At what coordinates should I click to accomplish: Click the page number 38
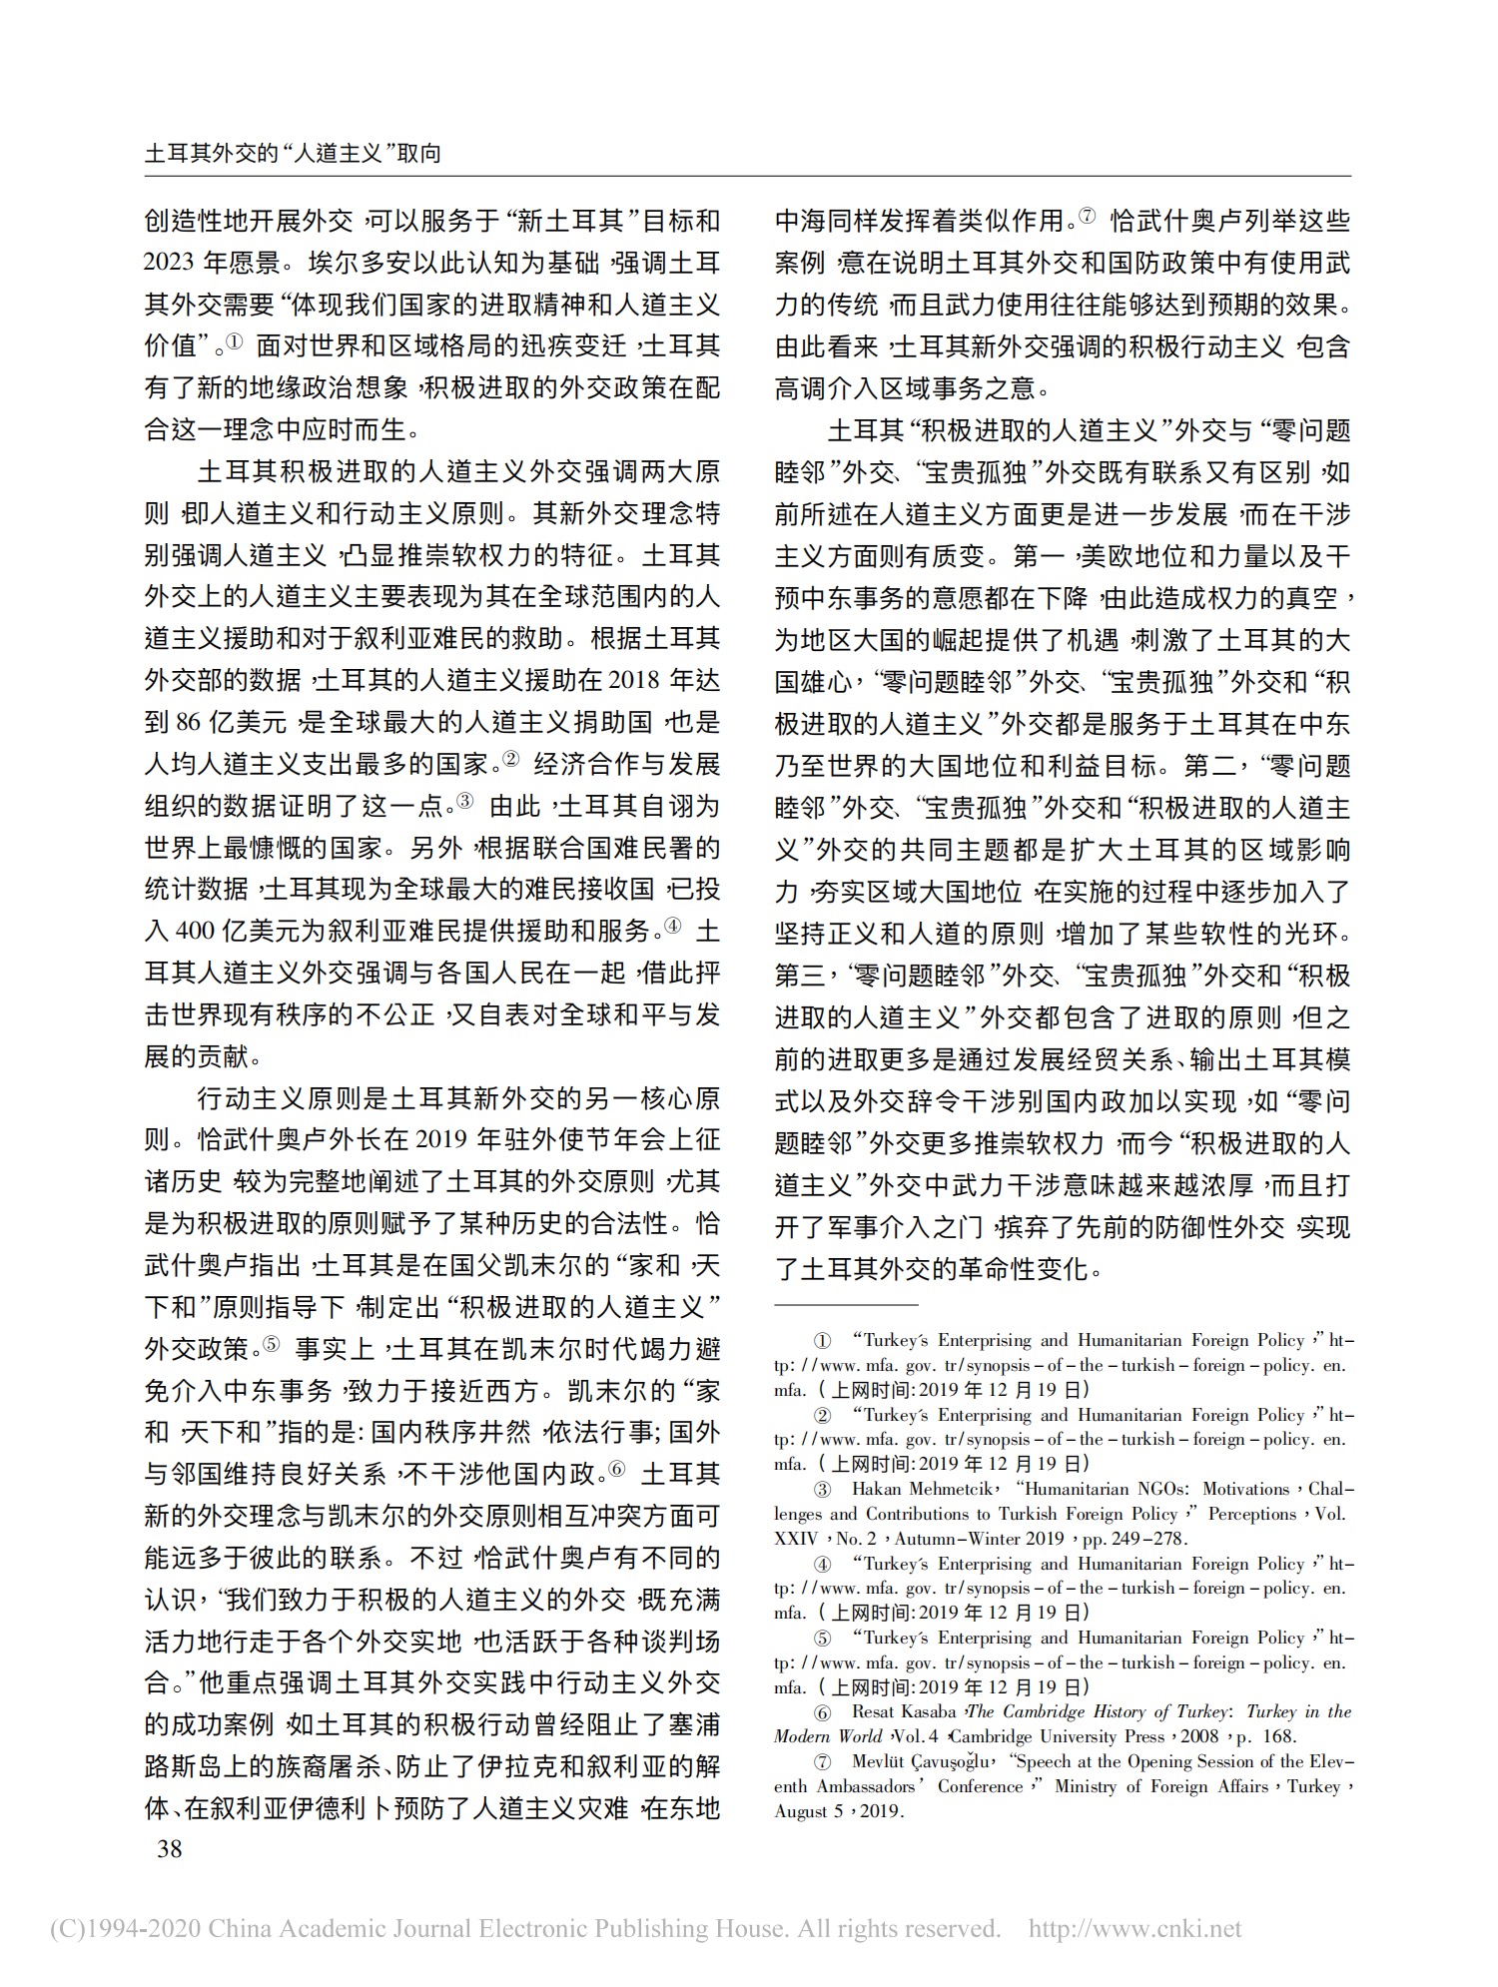click(x=170, y=1849)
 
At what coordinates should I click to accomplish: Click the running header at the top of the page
click(x=293, y=154)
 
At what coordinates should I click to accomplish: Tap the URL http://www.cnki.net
click(x=1134, y=1928)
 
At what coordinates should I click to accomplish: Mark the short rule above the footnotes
click(x=845, y=1305)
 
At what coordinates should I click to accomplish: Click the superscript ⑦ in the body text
click(x=1087, y=215)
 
